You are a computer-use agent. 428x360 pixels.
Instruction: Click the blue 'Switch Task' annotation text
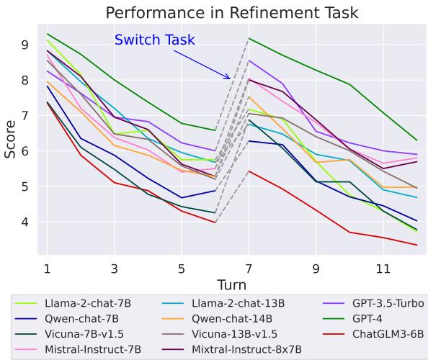tap(154, 40)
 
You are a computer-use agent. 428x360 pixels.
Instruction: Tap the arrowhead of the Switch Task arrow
tap(230, 78)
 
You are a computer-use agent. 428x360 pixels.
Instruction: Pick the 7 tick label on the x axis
tap(249, 268)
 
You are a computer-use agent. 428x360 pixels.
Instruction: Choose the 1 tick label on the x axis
tap(47, 268)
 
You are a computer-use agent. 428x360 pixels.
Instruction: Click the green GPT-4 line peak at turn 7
tap(249, 38)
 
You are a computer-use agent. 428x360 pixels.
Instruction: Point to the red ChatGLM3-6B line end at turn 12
tap(416, 245)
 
